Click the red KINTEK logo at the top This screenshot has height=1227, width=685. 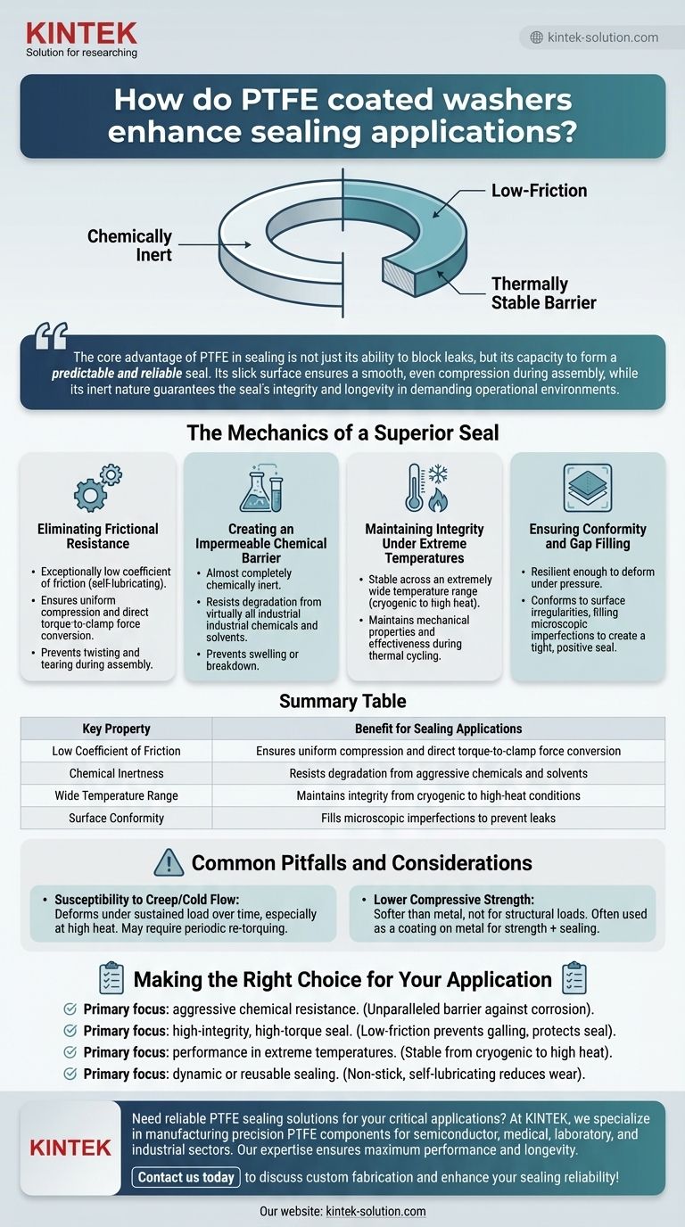81,34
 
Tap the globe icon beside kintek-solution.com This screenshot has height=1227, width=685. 536,37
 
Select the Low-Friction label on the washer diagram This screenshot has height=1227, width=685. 539,190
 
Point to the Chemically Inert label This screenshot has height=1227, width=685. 129,244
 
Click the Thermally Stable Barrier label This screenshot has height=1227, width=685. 543,293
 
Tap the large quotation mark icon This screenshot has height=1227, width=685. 51,338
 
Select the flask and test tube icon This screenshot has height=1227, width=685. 261,490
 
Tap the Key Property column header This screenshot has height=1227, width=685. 116,729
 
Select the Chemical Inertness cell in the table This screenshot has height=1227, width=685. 116,773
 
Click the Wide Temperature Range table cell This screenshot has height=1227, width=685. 116,795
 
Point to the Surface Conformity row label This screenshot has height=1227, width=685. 116,818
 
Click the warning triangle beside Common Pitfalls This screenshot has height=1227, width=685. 169,862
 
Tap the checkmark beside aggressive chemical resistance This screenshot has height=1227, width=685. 70,1010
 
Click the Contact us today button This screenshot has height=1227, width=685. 186,1177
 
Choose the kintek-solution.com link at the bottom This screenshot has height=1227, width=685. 376,1211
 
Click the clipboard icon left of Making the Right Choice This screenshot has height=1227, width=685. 112,978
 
